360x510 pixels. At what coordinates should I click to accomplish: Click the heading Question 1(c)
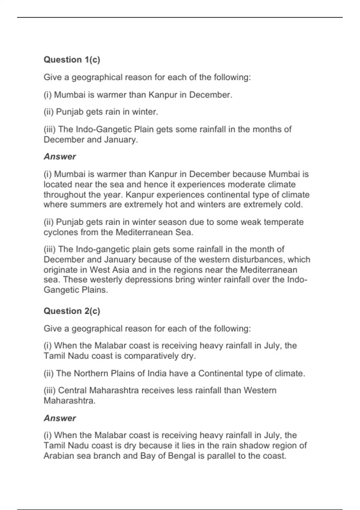click(x=72, y=60)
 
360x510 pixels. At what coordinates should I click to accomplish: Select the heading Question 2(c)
click(x=72, y=311)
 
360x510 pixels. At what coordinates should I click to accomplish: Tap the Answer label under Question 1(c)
click(x=60, y=157)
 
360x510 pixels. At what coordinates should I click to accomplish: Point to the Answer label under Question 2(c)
click(x=60, y=418)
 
